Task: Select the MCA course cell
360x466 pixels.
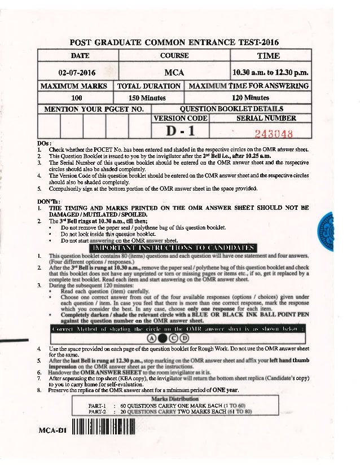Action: pos(174,72)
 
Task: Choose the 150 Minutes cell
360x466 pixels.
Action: pos(150,97)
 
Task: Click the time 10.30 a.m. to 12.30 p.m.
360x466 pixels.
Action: pos(269,72)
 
